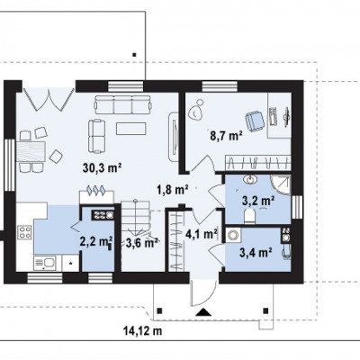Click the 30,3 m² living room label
click(102, 168)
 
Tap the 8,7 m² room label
click(226, 136)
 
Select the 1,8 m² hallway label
click(172, 190)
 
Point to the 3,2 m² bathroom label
click(259, 201)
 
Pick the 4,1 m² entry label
click(202, 234)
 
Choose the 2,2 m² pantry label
click(96, 241)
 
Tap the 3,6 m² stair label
click(142, 243)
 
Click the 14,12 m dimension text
click(143, 331)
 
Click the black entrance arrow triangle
click(203, 312)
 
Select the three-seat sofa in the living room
click(122, 104)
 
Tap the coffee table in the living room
click(131, 129)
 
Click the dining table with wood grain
click(31, 151)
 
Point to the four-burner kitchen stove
click(24, 232)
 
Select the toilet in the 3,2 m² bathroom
click(249, 216)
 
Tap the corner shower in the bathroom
click(281, 185)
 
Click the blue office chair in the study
click(255, 121)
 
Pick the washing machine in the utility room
click(233, 235)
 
